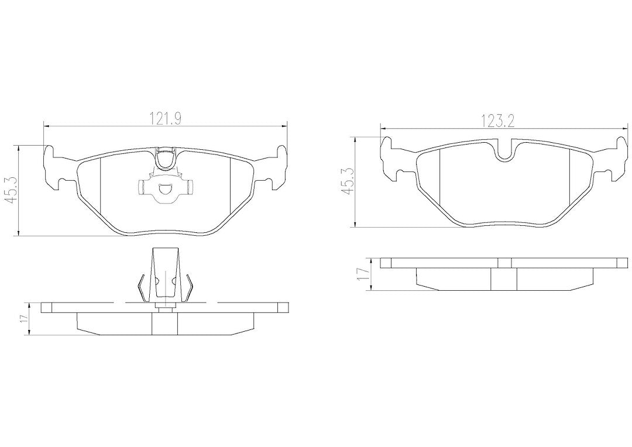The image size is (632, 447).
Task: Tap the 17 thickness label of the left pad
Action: (25, 318)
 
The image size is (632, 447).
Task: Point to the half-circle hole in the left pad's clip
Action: (166, 188)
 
